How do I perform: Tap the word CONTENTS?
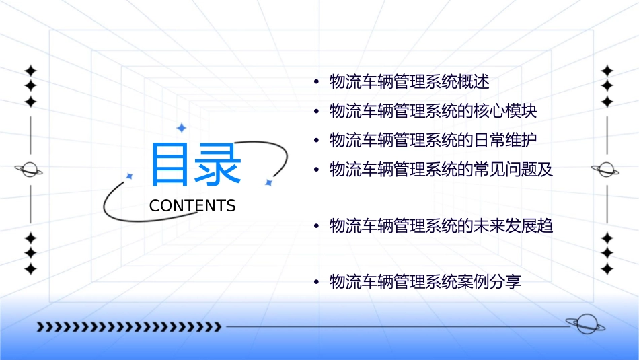pos(192,206)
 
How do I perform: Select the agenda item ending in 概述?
pos(409,83)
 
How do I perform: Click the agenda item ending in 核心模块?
pos(433,111)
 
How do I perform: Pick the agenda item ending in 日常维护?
pos(433,140)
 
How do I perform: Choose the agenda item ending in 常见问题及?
pos(441,169)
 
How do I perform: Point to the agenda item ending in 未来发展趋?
pos(441,226)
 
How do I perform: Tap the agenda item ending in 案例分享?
pos(425,282)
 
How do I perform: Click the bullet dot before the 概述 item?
pos(316,83)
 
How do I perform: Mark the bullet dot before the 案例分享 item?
pos(316,282)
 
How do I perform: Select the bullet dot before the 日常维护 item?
pos(316,140)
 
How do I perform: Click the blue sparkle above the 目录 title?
pos(180,128)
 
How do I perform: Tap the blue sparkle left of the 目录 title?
pos(129,176)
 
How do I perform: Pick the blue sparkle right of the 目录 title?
pos(268,182)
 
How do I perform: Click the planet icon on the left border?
pos(30,170)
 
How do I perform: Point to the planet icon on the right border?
pos(606,170)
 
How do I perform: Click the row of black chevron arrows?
pos(128,327)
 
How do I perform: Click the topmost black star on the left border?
pos(30,71)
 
